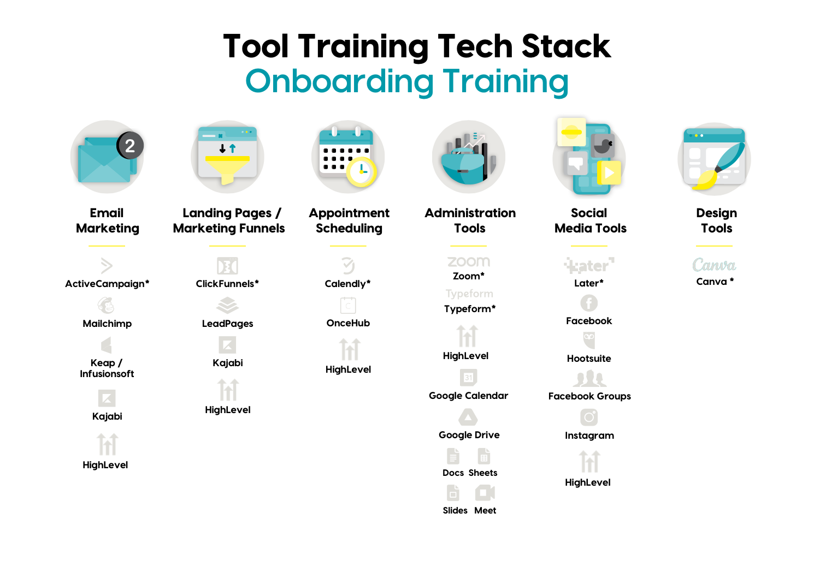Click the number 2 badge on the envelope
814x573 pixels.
click(x=130, y=146)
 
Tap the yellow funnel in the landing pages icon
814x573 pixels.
click(x=227, y=169)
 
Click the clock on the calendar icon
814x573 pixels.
click(x=361, y=172)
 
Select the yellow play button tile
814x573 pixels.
click(x=609, y=173)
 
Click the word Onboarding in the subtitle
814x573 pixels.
click(x=339, y=82)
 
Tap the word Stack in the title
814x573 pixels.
click(x=566, y=46)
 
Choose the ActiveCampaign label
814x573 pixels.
click(x=107, y=284)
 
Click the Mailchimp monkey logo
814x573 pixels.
click(x=106, y=305)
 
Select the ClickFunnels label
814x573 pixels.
click(x=227, y=284)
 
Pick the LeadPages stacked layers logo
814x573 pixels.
click(x=227, y=305)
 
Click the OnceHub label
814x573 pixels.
click(x=348, y=323)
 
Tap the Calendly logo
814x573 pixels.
click(x=348, y=266)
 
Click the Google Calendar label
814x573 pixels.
click(x=468, y=396)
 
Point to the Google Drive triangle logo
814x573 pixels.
click(x=468, y=417)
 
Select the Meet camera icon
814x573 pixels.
click(x=485, y=493)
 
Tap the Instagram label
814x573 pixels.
click(x=589, y=435)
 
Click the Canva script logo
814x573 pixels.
click(x=714, y=265)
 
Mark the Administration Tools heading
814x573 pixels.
click(x=470, y=220)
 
